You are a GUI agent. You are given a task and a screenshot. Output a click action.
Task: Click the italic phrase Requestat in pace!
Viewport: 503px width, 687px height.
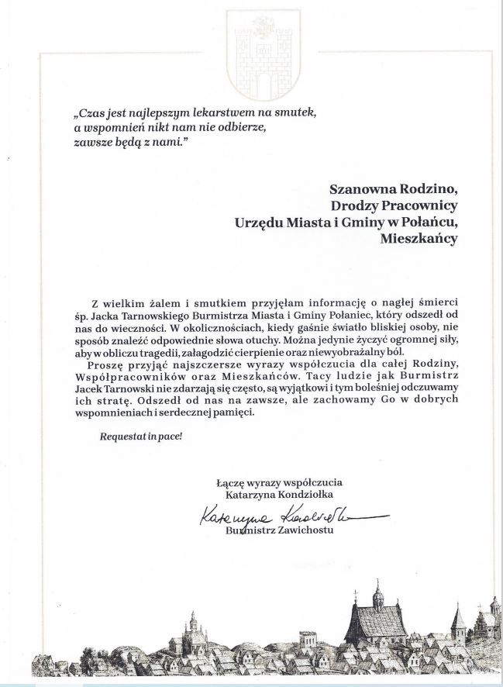(140, 437)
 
